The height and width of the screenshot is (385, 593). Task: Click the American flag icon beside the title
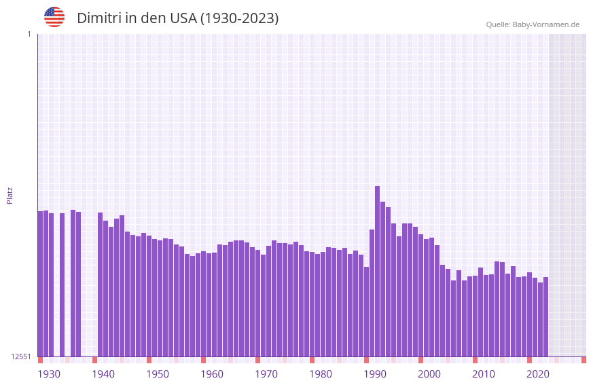point(54,17)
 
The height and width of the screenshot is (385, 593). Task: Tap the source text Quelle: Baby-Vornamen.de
point(533,24)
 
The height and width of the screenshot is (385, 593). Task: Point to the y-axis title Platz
point(10,195)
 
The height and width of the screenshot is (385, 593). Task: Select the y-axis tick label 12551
point(20,356)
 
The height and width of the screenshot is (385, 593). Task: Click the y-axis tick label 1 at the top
point(29,34)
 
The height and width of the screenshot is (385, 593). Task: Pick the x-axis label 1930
point(49,374)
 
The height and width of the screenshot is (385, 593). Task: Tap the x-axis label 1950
point(158,374)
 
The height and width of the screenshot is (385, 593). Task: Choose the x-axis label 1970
point(266,374)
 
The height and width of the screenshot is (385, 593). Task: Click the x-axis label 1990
point(375,374)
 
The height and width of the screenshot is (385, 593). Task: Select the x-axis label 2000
point(429,374)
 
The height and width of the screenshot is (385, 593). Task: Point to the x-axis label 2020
point(538,374)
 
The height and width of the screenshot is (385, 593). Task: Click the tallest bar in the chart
point(377,272)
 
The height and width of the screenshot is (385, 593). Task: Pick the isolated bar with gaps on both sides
point(62,285)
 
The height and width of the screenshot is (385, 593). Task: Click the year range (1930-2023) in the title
point(239,18)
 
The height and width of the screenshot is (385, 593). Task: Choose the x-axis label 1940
point(103,374)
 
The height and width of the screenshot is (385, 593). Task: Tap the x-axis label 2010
point(484,374)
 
